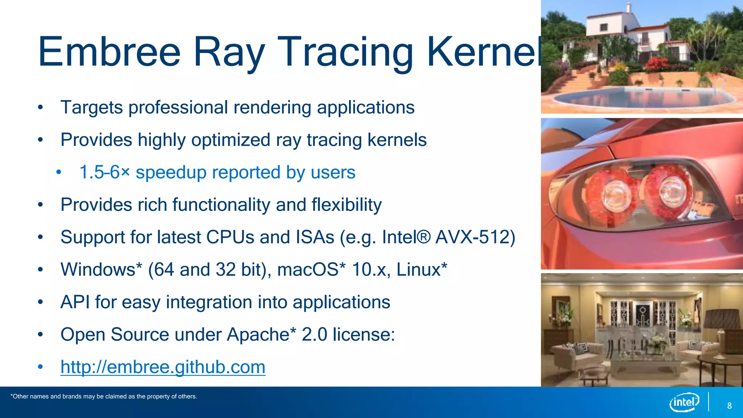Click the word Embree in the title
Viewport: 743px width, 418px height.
[x=109, y=52]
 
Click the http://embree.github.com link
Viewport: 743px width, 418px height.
[x=163, y=367]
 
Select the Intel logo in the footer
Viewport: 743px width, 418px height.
[x=684, y=402]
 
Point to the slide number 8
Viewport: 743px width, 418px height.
[x=729, y=406]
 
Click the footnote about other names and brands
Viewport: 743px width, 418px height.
[x=104, y=397]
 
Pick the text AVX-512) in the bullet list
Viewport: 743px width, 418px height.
[x=475, y=237]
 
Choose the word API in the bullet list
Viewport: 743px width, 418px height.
[x=75, y=302]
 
